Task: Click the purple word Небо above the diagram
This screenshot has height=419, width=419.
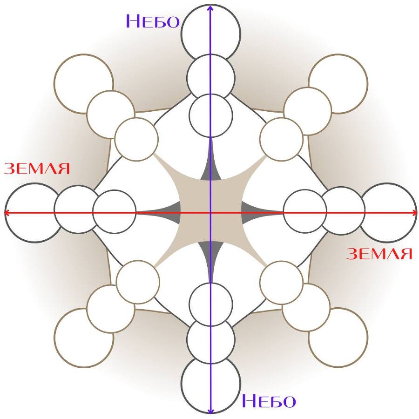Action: (x=153, y=21)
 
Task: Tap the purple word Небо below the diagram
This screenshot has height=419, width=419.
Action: (x=269, y=401)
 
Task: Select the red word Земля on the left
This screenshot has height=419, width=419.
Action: (x=37, y=169)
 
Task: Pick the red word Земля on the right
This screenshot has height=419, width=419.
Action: (x=379, y=254)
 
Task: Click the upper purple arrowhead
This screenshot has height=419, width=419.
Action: (x=210, y=7)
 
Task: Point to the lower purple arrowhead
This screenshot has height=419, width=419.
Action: (x=211, y=411)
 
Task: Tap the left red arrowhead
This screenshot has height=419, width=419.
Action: (x=7, y=213)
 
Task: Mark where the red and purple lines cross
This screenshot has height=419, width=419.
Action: (x=211, y=213)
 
